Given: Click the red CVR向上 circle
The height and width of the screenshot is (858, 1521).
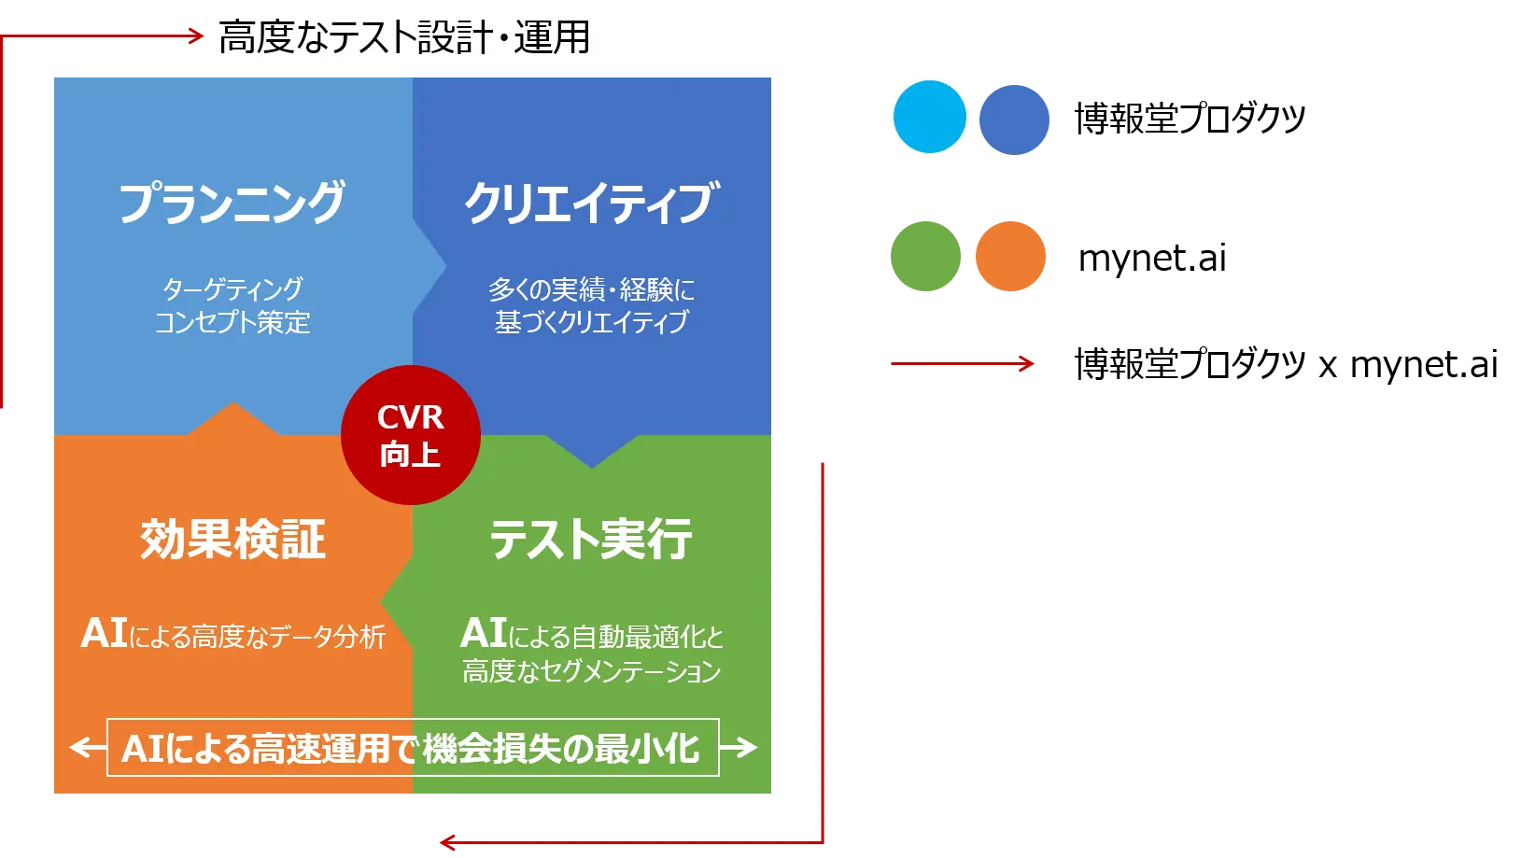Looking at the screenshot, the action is click(x=411, y=435).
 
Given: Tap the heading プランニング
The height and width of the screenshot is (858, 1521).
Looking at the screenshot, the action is click(x=232, y=203).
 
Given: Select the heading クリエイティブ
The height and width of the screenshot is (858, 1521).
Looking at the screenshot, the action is click(x=591, y=203).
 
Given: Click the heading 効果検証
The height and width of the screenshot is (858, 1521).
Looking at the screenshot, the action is click(x=232, y=540).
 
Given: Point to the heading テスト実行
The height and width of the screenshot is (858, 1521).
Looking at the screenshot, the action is click(x=591, y=540).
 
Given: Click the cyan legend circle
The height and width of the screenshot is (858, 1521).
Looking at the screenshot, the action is click(x=930, y=117).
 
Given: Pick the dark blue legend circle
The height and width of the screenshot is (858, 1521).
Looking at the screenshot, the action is click(x=1014, y=120).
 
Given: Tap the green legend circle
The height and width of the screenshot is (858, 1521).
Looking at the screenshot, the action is click(x=925, y=257).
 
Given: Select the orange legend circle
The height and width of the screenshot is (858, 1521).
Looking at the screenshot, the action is click(x=1010, y=257).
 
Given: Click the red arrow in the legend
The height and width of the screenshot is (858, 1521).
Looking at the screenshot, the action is click(x=962, y=364).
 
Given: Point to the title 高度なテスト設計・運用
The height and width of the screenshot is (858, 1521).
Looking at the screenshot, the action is click(x=404, y=37).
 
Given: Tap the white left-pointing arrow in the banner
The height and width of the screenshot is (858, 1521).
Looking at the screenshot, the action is click(x=89, y=747).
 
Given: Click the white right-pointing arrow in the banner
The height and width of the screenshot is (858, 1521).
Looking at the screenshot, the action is click(x=739, y=747).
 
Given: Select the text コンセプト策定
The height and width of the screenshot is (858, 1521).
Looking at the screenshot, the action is click(x=232, y=322).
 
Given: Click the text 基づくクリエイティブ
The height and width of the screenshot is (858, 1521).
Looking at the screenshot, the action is click(x=591, y=322).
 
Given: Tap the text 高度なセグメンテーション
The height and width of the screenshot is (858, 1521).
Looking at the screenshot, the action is click(x=591, y=671).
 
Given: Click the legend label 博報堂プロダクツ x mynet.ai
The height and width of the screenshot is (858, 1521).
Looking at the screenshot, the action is click(x=1287, y=364).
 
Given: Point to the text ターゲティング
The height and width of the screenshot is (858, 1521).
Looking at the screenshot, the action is click(x=232, y=289).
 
